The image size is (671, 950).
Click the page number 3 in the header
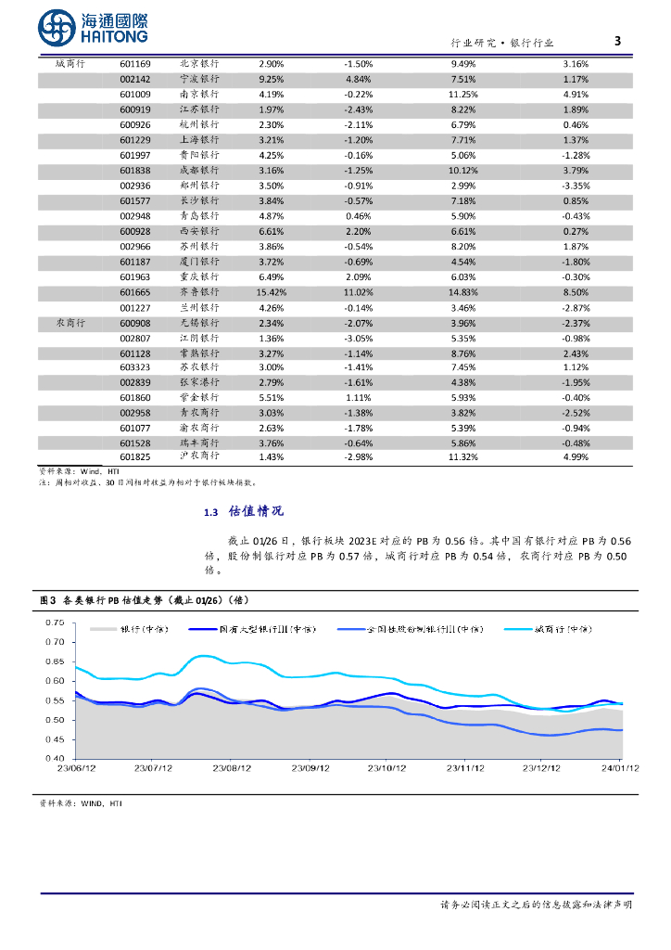[618, 41]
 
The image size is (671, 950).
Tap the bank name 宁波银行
[199, 79]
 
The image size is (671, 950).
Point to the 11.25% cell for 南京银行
[462, 95]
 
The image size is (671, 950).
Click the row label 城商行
[70, 64]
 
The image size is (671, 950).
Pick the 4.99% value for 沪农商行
[576, 456]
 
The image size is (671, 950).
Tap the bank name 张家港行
[199, 382]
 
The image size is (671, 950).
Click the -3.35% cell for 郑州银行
[576, 186]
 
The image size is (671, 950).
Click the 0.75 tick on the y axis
[53, 622]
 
